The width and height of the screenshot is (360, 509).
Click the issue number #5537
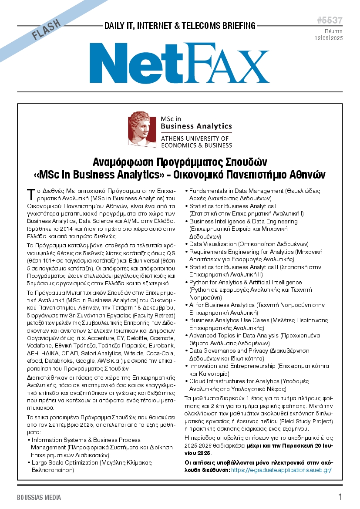pyautogui.click(x=330, y=20)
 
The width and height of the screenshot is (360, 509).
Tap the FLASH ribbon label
pyautogui.click(x=47, y=30)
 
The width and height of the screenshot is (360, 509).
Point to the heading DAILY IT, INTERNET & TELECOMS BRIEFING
pyautogui.click(x=180, y=26)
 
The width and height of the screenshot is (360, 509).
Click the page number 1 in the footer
pyautogui.click(x=340, y=497)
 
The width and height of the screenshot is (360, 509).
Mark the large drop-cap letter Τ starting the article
pyautogui.click(x=30, y=193)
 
